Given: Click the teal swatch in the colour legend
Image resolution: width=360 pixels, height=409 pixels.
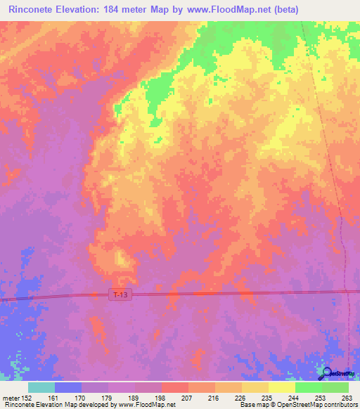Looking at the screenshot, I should pos(41,387).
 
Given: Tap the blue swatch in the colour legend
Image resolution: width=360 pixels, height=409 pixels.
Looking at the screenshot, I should pos(68,387).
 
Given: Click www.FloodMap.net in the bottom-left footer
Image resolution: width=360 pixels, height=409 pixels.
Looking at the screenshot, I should pos(148,405).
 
